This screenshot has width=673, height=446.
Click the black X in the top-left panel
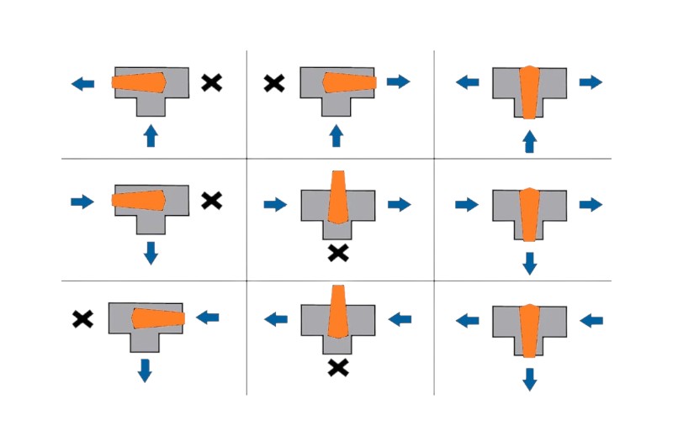click(x=212, y=82)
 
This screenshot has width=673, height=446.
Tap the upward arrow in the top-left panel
click(x=151, y=134)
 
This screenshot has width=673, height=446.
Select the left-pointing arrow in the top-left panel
click(x=83, y=83)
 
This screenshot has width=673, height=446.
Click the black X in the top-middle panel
click(x=273, y=82)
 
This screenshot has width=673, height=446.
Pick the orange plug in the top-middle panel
click(x=348, y=82)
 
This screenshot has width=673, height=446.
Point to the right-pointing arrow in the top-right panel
click(x=591, y=82)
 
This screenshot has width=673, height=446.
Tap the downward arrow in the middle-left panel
click(x=151, y=252)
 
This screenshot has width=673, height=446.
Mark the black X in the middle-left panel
click(x=212, y=200)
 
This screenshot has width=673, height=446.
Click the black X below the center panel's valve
click(x=337, y=252)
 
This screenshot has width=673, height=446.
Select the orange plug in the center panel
click(x=336, y=197)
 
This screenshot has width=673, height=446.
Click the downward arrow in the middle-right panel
click(x=529, y=263)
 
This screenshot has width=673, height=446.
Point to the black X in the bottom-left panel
click(x=82, y=318)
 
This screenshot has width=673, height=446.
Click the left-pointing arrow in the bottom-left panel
click(x=207, y=317)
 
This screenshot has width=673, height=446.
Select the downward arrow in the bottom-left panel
click(x=145, y=370)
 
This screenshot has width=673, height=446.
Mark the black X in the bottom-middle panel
click(x=337, y=367)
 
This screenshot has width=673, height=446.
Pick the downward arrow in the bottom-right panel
click(x=529, y=379)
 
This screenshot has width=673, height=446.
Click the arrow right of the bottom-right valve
click(x=591, y=320)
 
